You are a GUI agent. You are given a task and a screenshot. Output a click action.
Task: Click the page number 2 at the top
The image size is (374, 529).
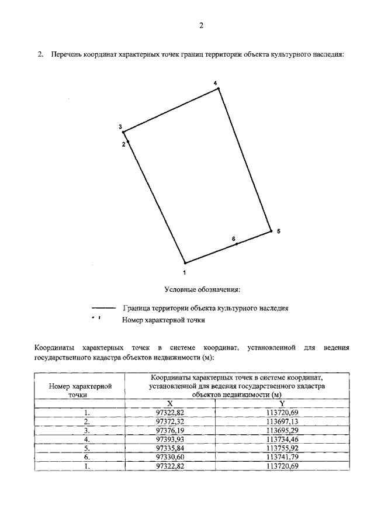200,26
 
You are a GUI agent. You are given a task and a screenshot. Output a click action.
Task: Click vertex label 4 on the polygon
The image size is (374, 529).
215,83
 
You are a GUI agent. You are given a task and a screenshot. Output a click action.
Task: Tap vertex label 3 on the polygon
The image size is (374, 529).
120,127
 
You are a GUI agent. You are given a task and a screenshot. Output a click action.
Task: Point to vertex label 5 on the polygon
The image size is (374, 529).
279,231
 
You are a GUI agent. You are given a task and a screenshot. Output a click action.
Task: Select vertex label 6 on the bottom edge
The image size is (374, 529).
233,238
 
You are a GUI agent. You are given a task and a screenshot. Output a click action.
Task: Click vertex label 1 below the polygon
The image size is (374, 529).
185,272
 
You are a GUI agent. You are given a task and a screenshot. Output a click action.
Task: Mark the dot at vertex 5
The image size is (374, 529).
272,231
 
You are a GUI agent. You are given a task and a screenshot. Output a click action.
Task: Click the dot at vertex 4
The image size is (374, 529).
219,88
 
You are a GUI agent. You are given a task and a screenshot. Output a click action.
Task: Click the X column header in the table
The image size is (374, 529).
170,403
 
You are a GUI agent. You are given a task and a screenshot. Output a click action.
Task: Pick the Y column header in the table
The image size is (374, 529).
282,403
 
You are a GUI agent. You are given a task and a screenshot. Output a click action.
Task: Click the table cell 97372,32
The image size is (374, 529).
170,421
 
